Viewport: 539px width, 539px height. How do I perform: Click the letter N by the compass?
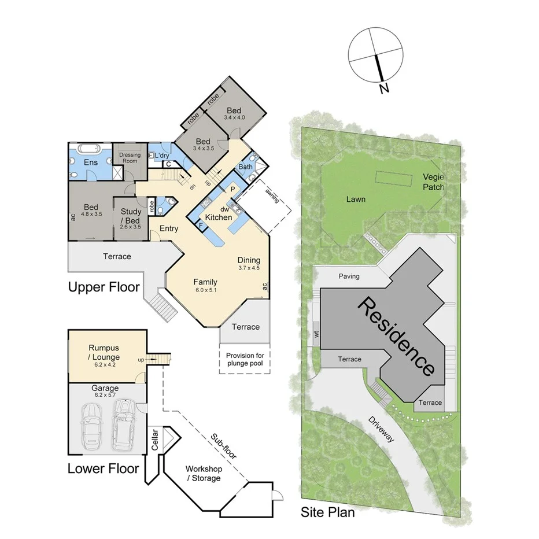pos(383,88)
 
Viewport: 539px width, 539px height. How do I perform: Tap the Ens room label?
pos(91,163)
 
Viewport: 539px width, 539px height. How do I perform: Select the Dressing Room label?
pos(130,158)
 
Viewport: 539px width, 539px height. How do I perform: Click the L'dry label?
pos(161,155)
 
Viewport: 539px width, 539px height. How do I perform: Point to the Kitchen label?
pos(218,217)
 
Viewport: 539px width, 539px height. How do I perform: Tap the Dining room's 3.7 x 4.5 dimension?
pos(249,268)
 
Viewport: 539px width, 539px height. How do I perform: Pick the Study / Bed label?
pos(130,216)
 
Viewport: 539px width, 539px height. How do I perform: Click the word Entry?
pos(169,228)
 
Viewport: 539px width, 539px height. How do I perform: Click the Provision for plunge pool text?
pos(245,359)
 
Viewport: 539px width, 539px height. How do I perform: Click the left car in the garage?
pos(92,426)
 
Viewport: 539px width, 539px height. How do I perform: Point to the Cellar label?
pos(154,441)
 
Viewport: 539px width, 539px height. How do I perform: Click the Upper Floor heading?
pos(104,286)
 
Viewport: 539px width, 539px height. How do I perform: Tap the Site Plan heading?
pos(327,511)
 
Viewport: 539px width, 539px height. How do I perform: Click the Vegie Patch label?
pos(433,182)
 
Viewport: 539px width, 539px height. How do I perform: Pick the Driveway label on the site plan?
pos(382,429)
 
